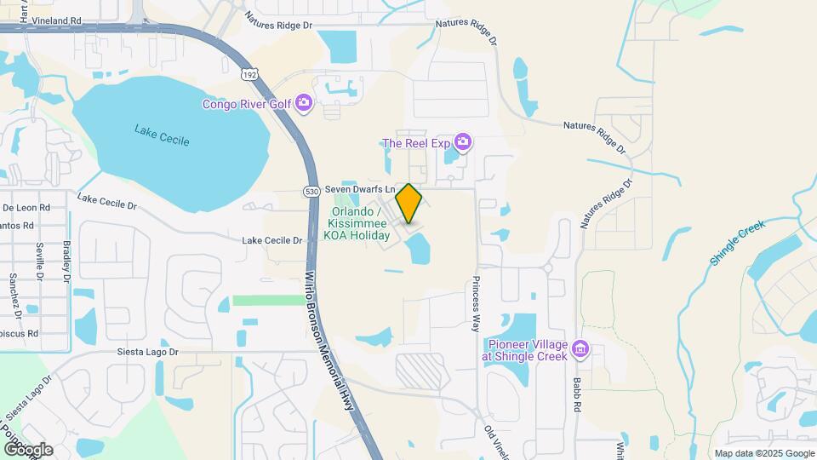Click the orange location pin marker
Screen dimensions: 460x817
pos(408,203)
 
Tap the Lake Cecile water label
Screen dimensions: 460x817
pos(162,135)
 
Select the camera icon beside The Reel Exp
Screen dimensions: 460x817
pos(463,142)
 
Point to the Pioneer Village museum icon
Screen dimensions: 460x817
pos(581,348)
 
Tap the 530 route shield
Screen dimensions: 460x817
pos(311,193)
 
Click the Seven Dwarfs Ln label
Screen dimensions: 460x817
pos(362,189)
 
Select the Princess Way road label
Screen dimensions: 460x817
pos(477,299)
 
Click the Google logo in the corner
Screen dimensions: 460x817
pos(28,449)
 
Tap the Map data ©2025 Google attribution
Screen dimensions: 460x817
pos(764,453)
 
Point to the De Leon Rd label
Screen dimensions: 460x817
pos(26,207)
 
